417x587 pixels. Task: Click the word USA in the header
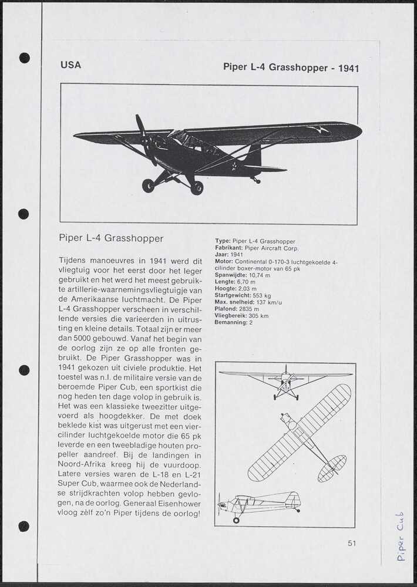(x=70, y=65)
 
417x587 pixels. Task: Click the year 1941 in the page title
(x=348, y=68)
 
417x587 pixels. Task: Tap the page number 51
(x=351, y=543)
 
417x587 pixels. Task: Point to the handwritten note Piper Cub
(x=401, y=536)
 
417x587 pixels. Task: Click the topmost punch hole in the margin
(x=24, y=58)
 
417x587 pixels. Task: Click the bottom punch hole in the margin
(x=24, y=526)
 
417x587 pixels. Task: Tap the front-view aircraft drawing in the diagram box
(x=285, y=382)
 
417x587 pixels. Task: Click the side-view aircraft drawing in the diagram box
(x=260, y=504)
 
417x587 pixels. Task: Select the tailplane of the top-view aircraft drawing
(x=332, y=468)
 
